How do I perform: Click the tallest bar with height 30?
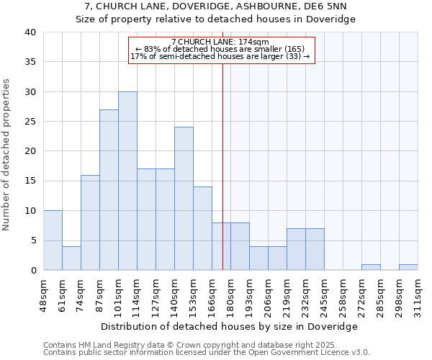coord(127,181)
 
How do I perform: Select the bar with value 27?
coord(109,190)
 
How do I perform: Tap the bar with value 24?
coord(184,199)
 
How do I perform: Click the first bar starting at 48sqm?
coord(53,240)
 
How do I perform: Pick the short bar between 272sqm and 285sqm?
coord(371,267)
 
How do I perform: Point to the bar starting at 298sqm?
coord(408,267)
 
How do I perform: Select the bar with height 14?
coord(202,228)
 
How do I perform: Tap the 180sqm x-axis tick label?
coord(230,295)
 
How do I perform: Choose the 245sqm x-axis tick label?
coord(324,295)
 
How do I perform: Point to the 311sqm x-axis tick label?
coord(418,295)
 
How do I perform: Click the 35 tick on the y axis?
coord(30,62)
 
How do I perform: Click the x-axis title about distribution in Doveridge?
coord(230,326)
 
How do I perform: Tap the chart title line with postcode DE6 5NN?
coord(215,7)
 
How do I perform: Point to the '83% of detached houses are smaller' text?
coord(221,49)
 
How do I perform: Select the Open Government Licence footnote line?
coord(207,353)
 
